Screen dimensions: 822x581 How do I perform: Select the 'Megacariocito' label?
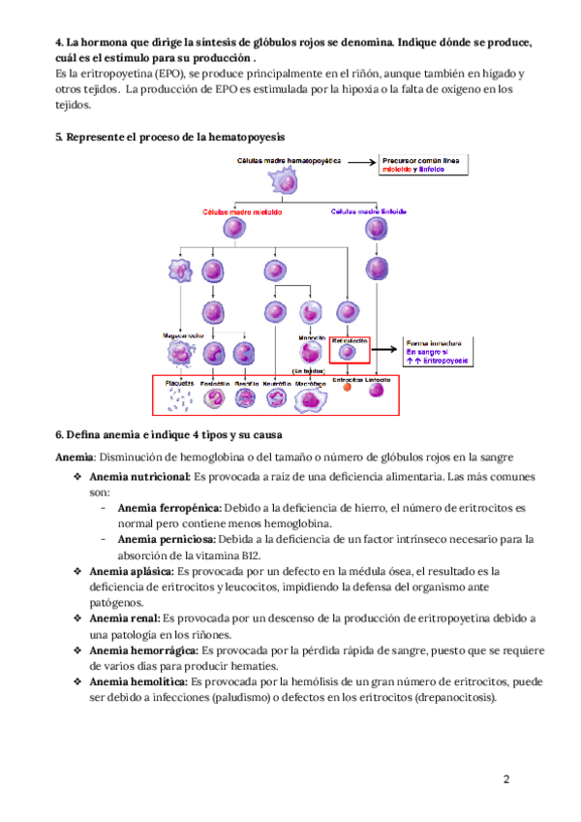point(183,335)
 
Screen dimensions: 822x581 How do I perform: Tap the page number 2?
point(506,779)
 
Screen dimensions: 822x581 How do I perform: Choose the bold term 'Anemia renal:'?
point(125,616)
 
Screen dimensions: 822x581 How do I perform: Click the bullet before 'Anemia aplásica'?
point(76,573)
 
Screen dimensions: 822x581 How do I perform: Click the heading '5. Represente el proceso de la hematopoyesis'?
point(155,138)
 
